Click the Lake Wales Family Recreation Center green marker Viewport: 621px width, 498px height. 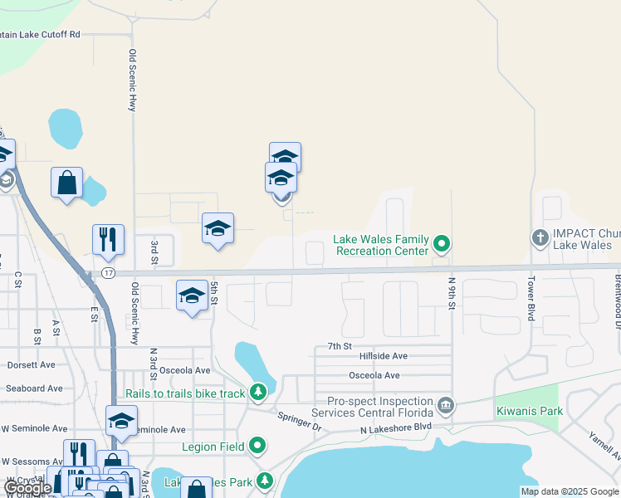(x=443, y=244)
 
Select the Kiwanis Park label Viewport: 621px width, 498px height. (x=529, y=411)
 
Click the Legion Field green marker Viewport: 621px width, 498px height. (x=257, y=447)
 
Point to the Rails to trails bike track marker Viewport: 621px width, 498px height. (x=258, y=391)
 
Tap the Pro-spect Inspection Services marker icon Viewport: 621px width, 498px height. (x=446, y=405)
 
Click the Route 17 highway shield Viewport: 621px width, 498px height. (x=108, y=272)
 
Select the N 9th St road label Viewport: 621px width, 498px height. (x=452, y=294)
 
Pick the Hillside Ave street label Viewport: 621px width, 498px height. (x=384, y=356)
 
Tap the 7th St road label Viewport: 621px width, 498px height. (x=340, y=345)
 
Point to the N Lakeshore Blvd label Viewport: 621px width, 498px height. (x=396, y=428)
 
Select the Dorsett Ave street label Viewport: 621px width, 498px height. (x=31, y=364)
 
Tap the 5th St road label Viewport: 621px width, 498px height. (x=213, y=293)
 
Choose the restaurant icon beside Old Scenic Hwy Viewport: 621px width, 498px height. (x=108, y=239)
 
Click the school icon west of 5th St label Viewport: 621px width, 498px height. (x=192, y=296)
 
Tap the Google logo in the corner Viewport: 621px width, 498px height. (x=27, y=487)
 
